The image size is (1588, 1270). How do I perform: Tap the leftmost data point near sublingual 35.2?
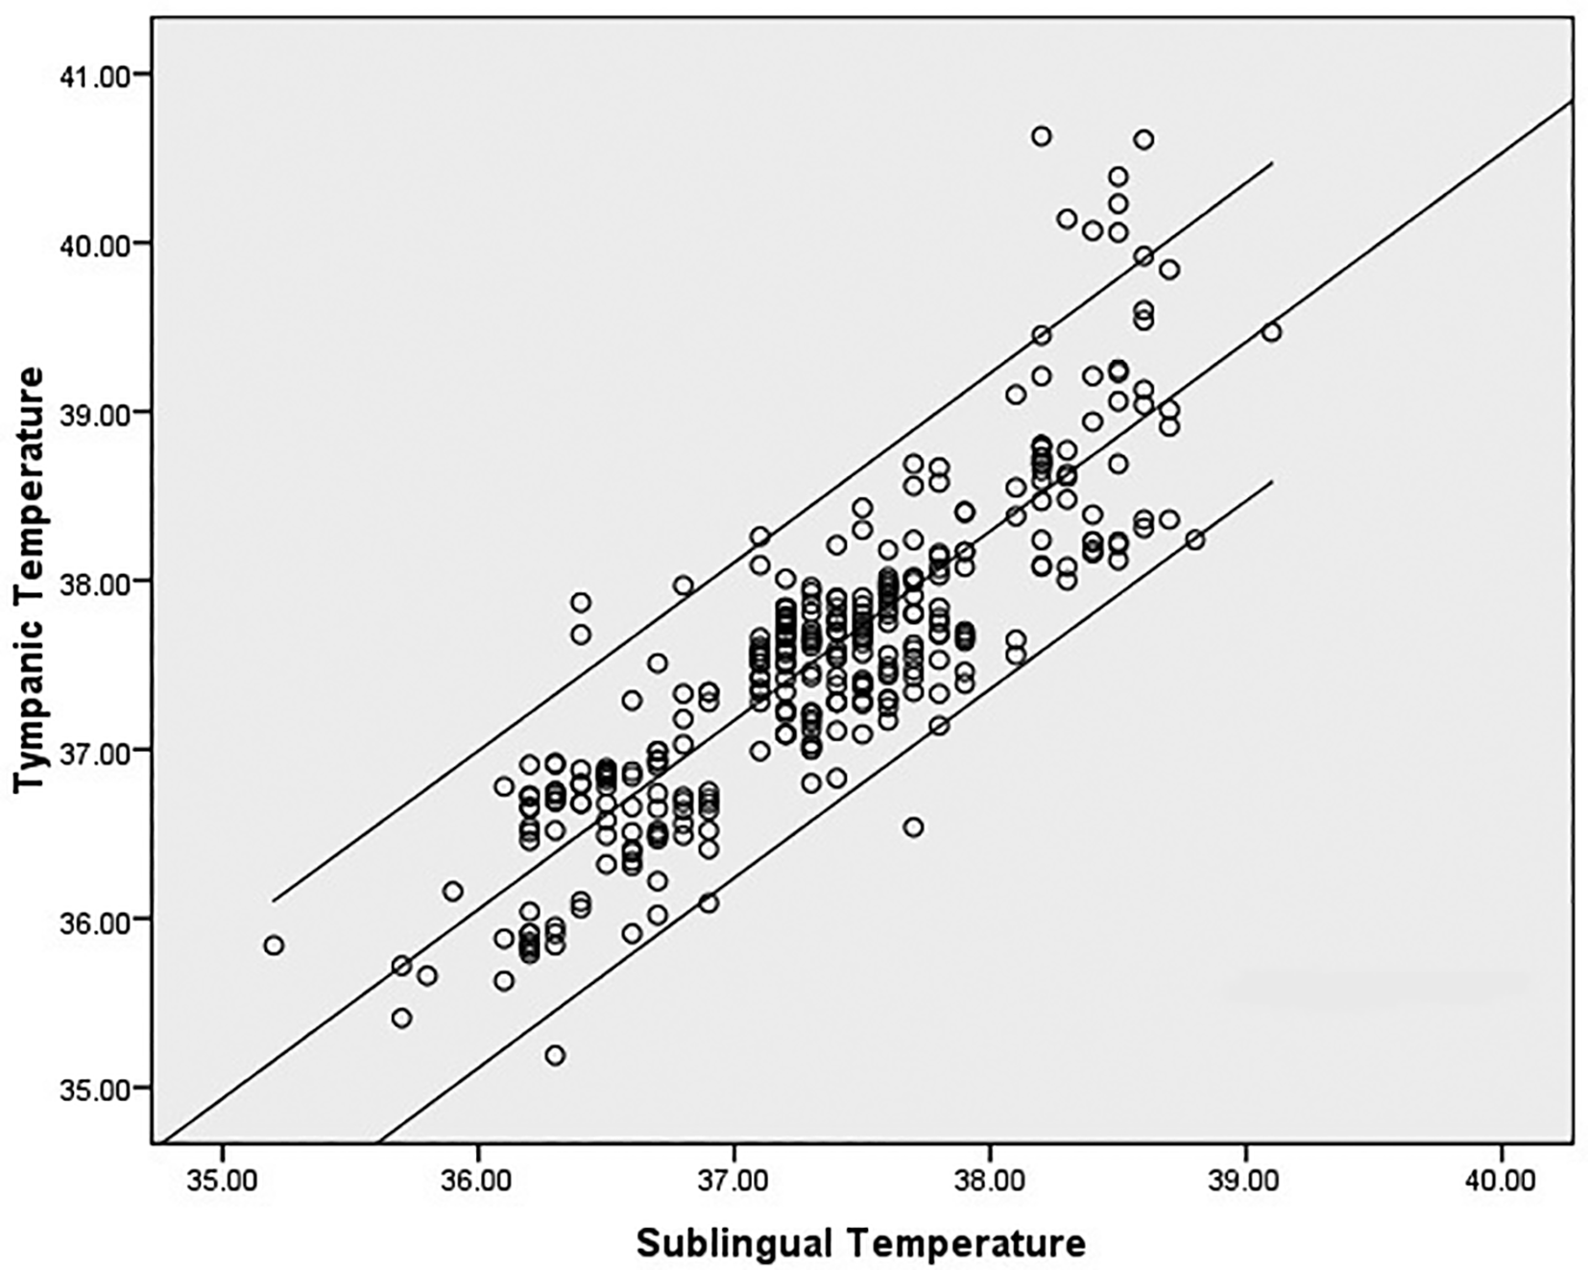click(274, 946)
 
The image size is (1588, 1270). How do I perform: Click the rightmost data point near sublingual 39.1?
click(1272, 332)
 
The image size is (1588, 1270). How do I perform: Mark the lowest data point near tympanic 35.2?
click(555, 1056)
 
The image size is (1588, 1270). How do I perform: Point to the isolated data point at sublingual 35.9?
click(452, 892)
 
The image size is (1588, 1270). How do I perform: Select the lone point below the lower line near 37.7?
click(913, 827)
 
